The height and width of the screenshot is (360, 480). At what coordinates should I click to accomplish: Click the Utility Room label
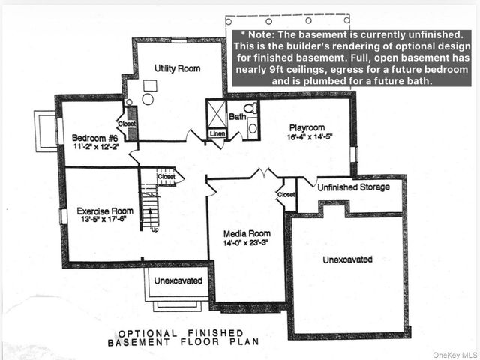click(177, 68)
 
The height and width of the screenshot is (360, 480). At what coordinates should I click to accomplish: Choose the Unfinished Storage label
click(353, 187)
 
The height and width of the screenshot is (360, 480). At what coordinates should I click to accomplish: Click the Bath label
click(237, 117)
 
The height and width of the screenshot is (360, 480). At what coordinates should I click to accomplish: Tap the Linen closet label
click(217, 133)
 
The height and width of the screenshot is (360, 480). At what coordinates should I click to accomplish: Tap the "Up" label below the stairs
click(154, 229)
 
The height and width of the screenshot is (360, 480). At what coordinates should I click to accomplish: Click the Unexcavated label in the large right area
click(347, 259)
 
